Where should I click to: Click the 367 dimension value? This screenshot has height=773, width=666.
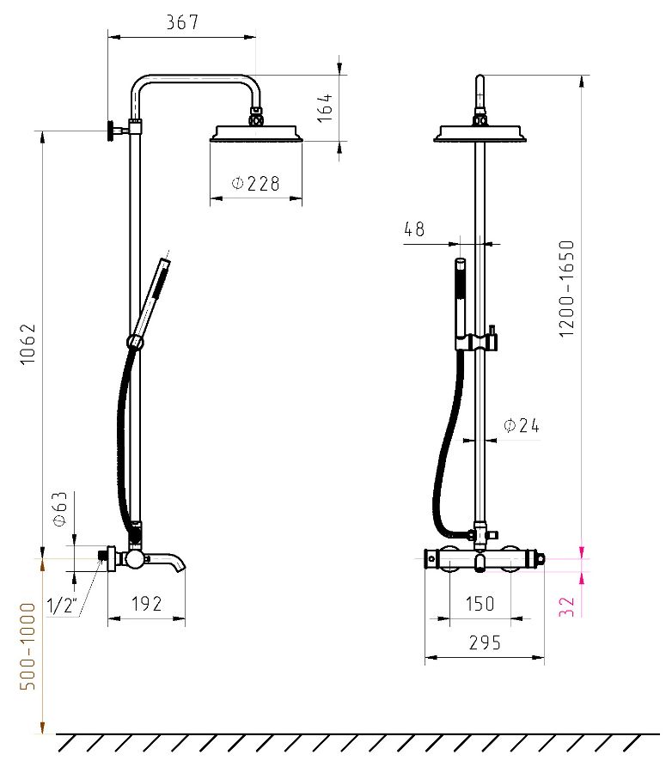click(182, 22)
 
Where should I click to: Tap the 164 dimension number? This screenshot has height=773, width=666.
click(325, 108)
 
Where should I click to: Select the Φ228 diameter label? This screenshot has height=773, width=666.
click(255, 184)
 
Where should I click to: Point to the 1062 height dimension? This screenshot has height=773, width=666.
click(27, 344)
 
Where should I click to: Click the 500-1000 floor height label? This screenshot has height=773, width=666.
click(27, 646)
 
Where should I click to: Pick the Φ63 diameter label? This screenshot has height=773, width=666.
click(59, 508)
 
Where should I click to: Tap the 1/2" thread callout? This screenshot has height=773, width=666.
click(63, 605)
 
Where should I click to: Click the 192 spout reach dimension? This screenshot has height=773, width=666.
click(146, 604)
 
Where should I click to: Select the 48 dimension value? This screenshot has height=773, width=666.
click(414, 228)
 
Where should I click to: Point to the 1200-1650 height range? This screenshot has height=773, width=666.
click(567, 289)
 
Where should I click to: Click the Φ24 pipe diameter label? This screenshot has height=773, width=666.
click(522, 425)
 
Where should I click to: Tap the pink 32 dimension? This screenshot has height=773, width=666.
click(567, 606)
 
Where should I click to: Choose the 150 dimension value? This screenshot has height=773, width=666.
click(480, 604)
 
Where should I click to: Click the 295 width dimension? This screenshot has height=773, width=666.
click(485, 642)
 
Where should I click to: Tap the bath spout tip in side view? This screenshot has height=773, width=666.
click(181, 567)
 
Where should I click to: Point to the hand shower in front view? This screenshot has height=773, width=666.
click(460, 301)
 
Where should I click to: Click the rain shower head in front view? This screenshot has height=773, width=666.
click(480, 134)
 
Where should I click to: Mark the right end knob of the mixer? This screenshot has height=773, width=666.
click(541, 559)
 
